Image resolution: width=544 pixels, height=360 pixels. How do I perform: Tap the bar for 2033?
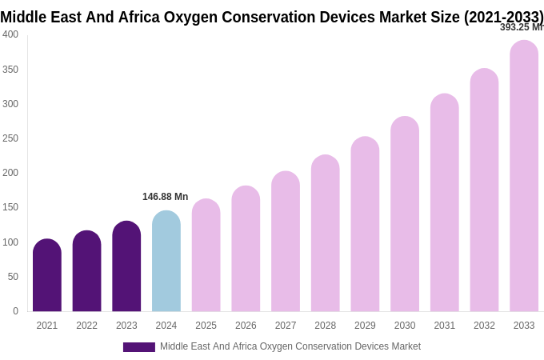tap(524, 176)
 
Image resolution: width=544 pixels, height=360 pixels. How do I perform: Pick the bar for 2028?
tap(326, 233)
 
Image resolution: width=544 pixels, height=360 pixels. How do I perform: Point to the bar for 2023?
tap(126, 266)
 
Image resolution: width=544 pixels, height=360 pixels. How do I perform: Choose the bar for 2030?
tap(405, 214)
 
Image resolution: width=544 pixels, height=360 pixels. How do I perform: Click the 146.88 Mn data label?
tap(165, 197)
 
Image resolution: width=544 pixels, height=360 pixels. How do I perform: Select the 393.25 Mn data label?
tap(522, 27)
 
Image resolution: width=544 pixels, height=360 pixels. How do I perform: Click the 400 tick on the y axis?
tap(10, 34)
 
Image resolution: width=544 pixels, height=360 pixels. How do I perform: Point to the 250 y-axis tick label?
tap(10, 138)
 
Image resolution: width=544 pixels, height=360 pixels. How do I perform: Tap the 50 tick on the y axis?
tap(13, 277)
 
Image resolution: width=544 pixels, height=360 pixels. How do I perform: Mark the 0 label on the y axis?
tap(15, 311)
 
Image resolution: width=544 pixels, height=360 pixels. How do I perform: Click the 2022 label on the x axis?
tap(86, 326)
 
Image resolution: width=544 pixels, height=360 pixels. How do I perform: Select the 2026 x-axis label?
tap(246, 326)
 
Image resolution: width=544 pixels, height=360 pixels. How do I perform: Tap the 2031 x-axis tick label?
tap(445, 326)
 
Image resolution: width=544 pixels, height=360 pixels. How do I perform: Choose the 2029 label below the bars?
tap(365, 326)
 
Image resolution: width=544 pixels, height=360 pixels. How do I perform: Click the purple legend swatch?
tap(139, 347)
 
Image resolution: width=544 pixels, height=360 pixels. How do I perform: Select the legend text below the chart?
tap(290, 346)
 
